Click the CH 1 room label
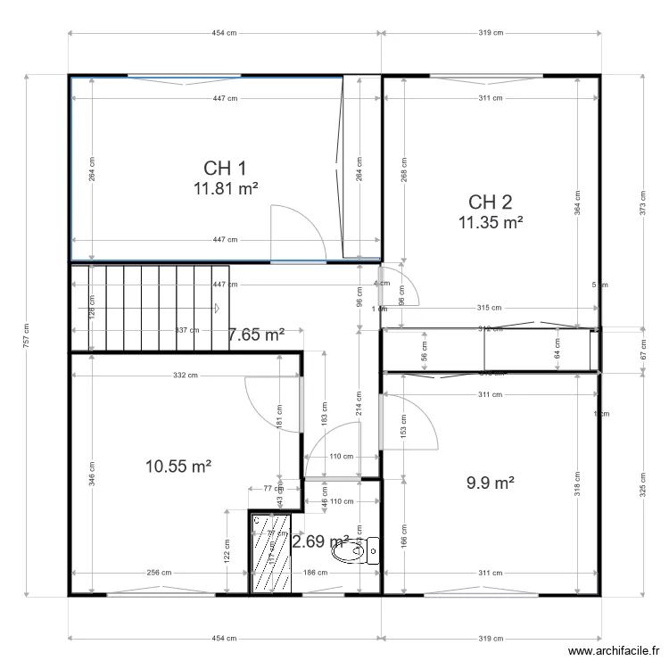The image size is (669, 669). pos(225,168)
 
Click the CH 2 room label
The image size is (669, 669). pos(490,202)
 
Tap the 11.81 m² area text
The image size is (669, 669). pos(225,188)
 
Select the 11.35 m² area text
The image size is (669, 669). pos(490,223)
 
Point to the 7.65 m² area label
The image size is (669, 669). pos(256,334)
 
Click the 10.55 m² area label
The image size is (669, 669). pos(178,465)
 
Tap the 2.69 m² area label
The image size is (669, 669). pos(320,541)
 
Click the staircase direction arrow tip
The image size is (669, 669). pos(219,309)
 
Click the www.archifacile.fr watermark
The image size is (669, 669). pos(614,652)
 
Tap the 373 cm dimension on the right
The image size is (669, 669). pos(642,201)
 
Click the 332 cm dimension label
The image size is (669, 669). pos(185,376)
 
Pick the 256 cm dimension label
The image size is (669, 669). pos(160,573)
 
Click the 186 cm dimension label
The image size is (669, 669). pos(313,573)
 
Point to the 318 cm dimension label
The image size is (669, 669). pos(578,483)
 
